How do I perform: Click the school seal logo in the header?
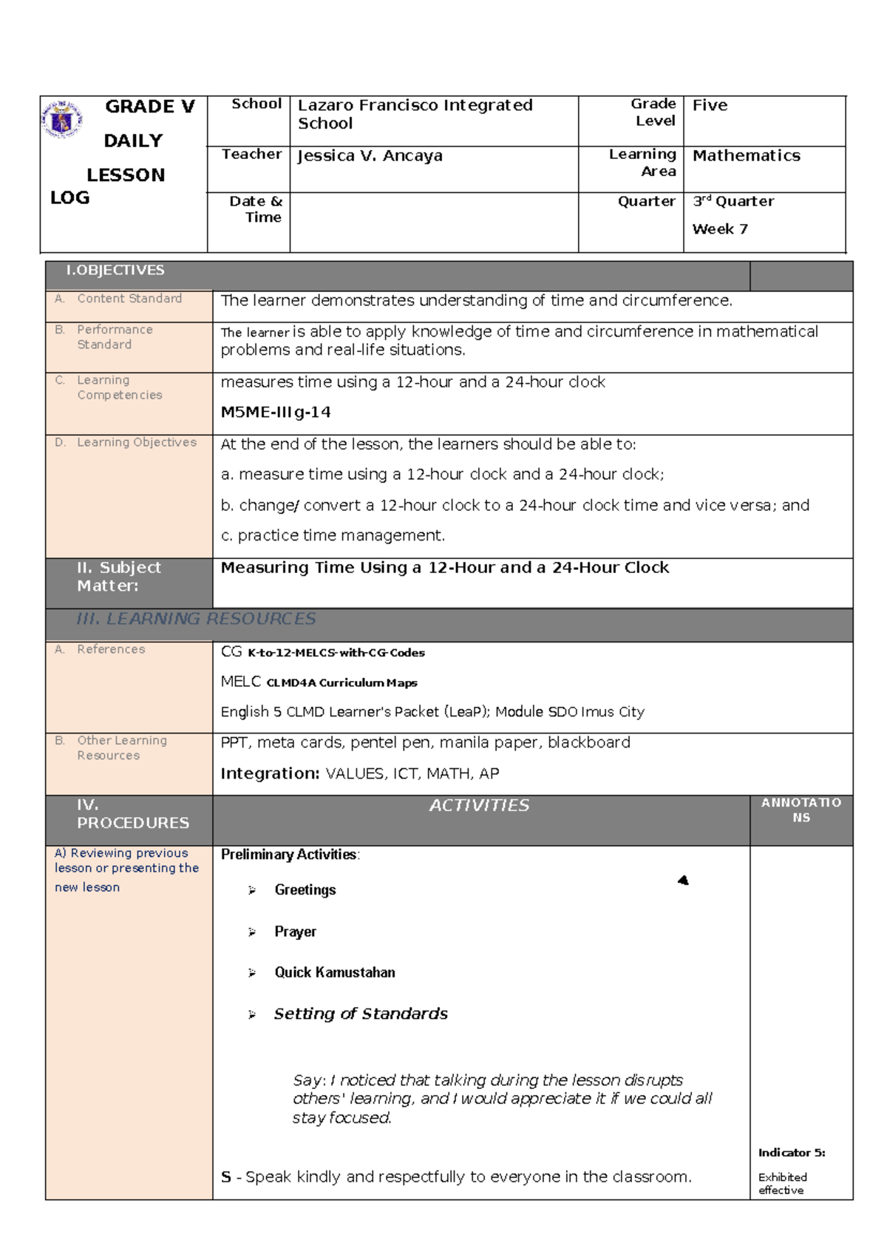click(x=61, y=120)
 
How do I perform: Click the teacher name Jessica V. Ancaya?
click(x=370, y=156)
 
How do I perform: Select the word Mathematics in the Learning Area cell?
click(x=746, y=156)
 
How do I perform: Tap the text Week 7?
click(x=719, y=229)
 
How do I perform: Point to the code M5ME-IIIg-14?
click(x=275, y=413)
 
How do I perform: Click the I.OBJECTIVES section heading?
click(x=115, y=271)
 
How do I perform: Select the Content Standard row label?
click(x=129, y=299)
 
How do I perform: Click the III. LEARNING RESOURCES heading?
click(x=196, y=619)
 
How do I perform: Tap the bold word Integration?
click(x=270, y=773)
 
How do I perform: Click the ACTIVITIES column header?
click(x=479, y=806)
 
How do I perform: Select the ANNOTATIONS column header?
click(x=801, y=810)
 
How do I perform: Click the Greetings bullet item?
click(x=305, y=890)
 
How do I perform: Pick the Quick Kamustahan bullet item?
click(x=334, y=973)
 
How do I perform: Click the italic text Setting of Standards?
click(x=361, y=1014)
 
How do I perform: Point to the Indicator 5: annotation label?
click(x=791, y=1153)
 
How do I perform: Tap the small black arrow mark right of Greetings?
click(x=683, y=881)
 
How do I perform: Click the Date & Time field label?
click(x=255, y=209)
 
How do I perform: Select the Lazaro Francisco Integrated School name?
click(x=414, y=115)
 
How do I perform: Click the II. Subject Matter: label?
click(x=118, y=577)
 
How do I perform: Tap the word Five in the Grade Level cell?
click(x=710, y=106)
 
